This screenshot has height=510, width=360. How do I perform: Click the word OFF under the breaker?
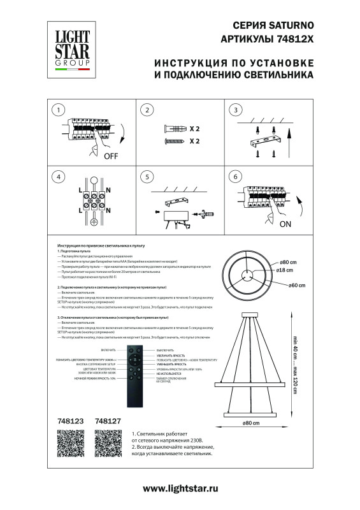point(112,155)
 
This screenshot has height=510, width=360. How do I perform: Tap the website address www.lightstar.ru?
point(180,488)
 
